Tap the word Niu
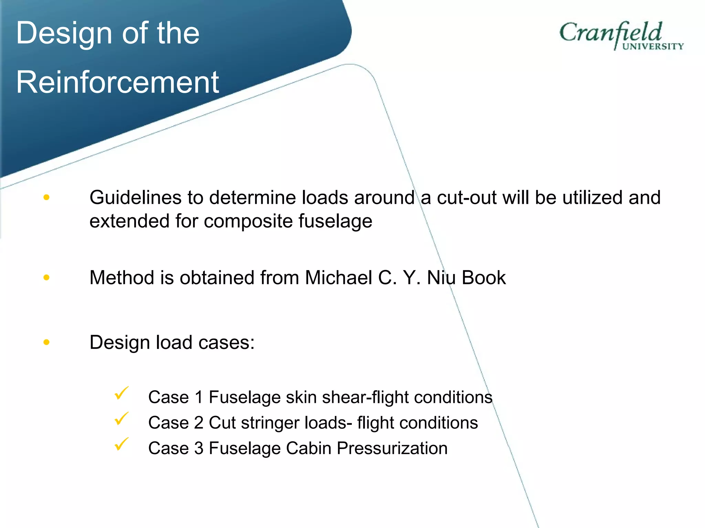pyautogui.click(x=441, y=277)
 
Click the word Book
pyautogui.click(x=484, y=277)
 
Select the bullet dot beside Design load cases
pyautogui.click(x=46, y=342)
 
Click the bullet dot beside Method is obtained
pyautogui.click(x=46, y=277)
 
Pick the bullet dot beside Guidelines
pyautogui.click(x=46, y=197)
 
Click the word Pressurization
pyautogui.click(x=392, y=448)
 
